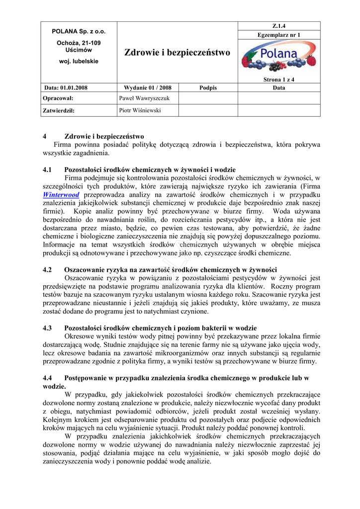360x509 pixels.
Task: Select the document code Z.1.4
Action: [x=279, y=26]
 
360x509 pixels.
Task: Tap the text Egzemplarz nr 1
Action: [x=279, y=35]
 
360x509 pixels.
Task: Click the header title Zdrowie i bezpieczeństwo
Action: [x=177, y=52]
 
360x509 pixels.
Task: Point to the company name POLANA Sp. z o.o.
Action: [x=79, y=31]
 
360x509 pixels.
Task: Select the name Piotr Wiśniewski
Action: [x=140, y=110]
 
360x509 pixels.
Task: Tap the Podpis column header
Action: [x=208, y=87]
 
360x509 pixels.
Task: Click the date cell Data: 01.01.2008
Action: [x=66, y=87]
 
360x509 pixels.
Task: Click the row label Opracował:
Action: [x=59, y=98]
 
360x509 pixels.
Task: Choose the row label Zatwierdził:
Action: [x=59, y=110]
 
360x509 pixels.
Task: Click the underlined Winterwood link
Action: [x=61, y=195]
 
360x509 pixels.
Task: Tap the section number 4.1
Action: [x=48, y=170]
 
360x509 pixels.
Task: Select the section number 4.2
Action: [x=48, y=270]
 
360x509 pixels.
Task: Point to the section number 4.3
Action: [x=48, y=328]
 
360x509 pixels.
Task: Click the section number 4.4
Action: [x=48, y=378]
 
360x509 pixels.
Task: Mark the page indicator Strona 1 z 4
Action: [x=279, y=79]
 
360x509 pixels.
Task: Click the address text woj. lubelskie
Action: [x=79, y=61]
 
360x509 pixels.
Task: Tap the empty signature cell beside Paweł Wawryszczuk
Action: [x=208, y=98]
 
